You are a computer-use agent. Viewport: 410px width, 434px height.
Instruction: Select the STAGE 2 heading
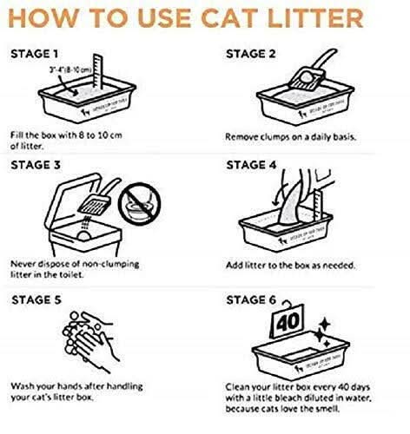253,54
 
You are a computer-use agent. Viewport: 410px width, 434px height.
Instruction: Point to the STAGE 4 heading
253,162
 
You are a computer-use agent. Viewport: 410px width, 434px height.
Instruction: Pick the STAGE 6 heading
253,300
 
